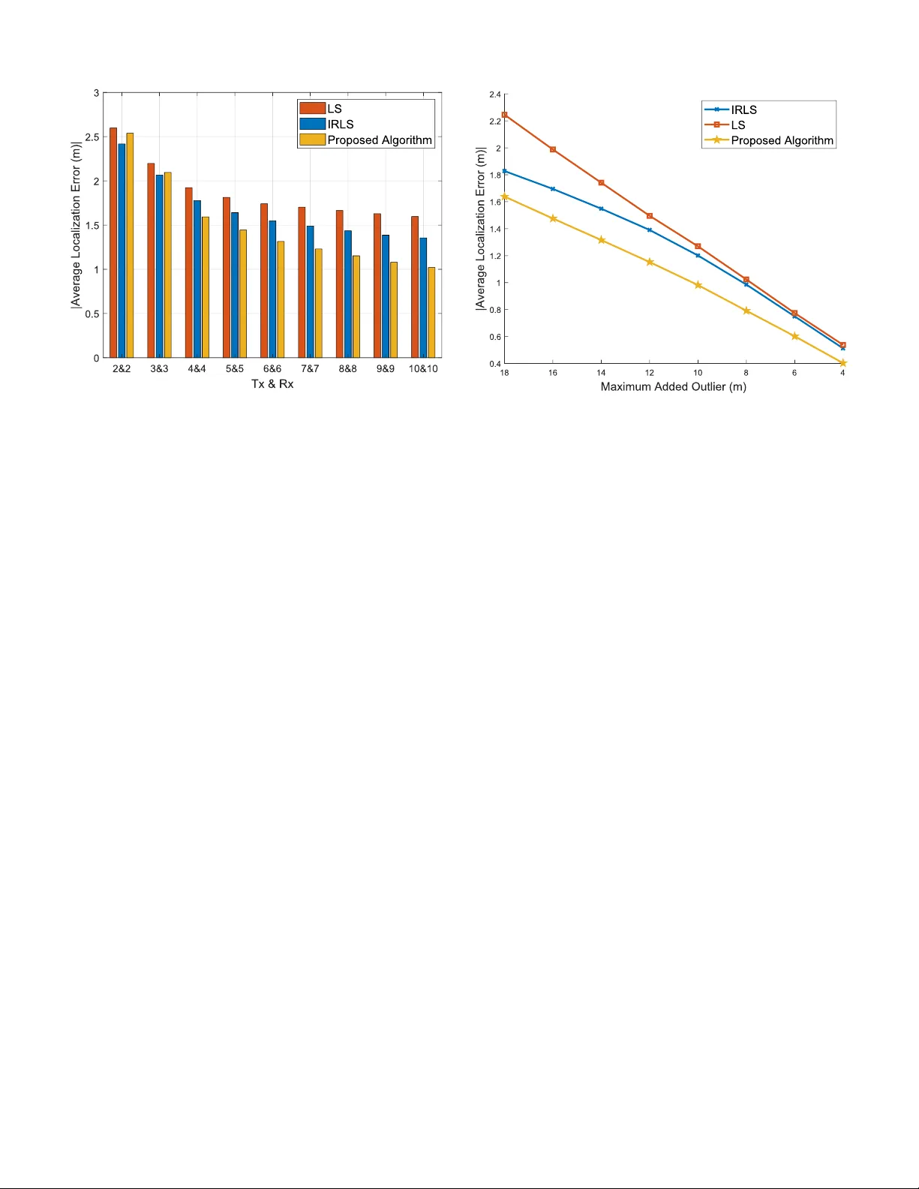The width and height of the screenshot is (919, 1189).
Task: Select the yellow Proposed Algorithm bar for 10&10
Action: pos(431,312)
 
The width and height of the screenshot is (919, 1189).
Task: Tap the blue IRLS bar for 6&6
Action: pos(272,289)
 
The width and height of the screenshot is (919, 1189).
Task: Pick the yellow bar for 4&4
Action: pos(206,287)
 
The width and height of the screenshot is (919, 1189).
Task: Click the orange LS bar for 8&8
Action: pos(339,284)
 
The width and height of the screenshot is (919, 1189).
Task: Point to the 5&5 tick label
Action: pos(235,369)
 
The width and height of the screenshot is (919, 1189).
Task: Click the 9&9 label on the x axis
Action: pos(386,369)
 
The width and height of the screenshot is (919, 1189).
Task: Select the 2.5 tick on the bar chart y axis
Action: pos(93,137)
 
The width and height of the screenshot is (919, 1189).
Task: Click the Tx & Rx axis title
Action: pos(272,384)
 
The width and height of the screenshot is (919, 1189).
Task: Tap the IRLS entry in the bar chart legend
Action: pos(340,125)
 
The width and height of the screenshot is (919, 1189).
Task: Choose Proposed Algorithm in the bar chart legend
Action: pos(380,140)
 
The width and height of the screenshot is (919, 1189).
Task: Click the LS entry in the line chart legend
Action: pos(738,125)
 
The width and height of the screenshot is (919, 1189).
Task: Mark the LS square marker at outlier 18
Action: pos(505,115)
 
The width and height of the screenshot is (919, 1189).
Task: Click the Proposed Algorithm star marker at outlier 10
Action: pos(698,285)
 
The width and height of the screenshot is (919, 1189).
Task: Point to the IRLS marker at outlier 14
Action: pos(601,209)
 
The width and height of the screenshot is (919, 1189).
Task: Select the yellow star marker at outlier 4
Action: pos(842,363)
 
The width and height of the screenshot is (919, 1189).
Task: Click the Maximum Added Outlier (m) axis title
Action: pos(673,387)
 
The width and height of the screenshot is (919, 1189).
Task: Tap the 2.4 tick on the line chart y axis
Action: pos(495,95)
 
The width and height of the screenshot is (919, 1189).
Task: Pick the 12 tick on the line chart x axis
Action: pos(650,373)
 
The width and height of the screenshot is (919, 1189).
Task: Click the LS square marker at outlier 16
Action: pos(553,149)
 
